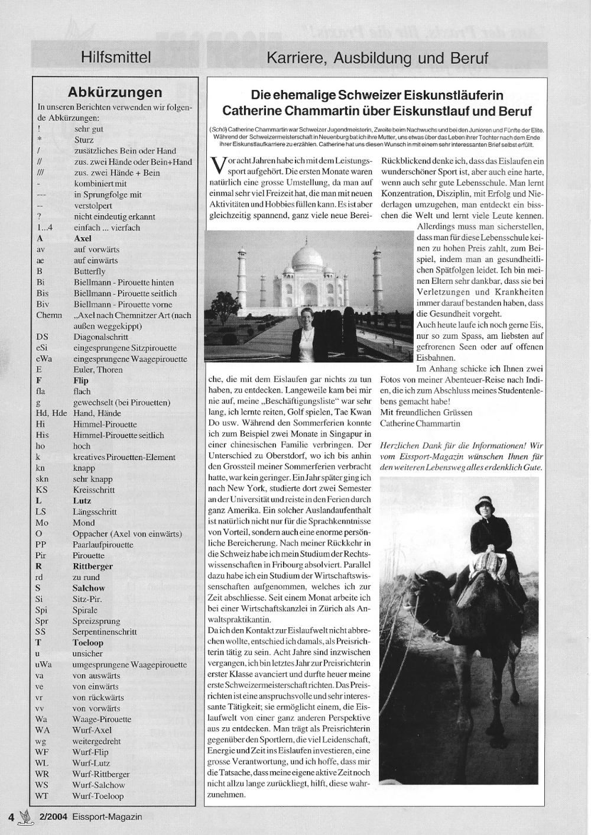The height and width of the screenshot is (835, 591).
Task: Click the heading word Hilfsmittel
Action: click(116, 57)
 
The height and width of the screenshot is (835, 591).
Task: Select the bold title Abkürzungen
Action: click(115, 92)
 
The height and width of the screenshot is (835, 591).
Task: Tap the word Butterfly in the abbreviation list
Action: click(89, 271)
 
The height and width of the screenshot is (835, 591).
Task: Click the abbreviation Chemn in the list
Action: click(49, 315)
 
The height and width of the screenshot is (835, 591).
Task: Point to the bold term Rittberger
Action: click(93, 566)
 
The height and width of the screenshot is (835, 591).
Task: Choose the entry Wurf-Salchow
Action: click(99, 785)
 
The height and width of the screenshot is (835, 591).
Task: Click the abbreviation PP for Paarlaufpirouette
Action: click(41, 544)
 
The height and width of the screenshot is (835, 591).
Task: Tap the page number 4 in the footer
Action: click(11, 817)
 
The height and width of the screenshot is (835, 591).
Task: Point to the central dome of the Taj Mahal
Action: click(307, 258)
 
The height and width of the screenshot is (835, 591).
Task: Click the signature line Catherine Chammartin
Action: click(420, 423)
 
